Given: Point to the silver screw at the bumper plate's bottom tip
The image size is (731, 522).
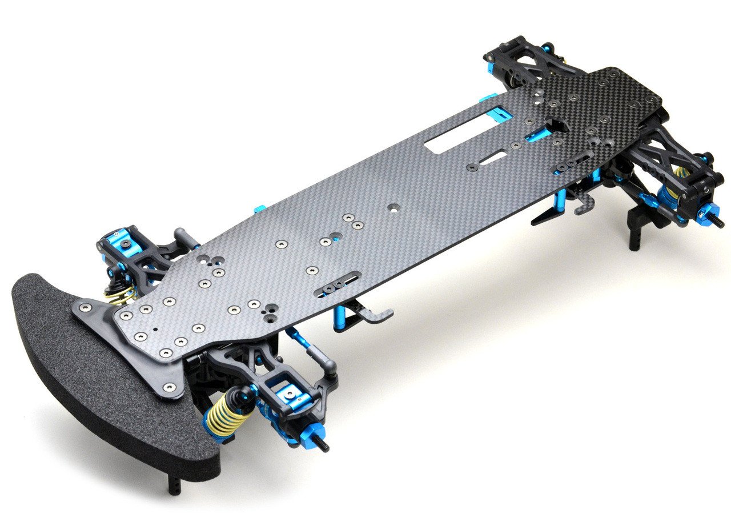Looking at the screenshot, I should (168, 388).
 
